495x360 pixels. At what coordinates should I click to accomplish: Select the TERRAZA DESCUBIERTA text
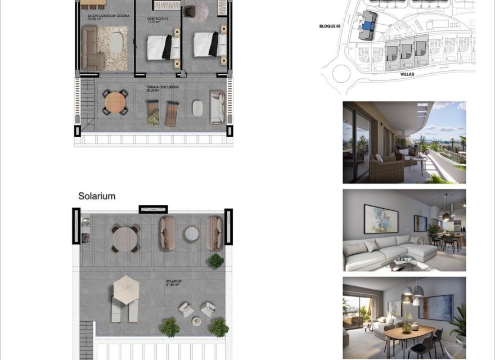pos(161,88)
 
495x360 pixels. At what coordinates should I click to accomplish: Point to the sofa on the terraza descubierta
pos(217,107)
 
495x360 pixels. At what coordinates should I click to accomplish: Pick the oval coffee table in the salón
pos(116,42)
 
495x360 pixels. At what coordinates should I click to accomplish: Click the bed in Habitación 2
pos(163,47)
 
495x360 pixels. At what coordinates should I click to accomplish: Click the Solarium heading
pos(97,196)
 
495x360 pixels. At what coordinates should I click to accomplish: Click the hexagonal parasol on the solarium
pos(126,290)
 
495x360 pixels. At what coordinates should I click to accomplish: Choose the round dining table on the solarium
pos(124,239)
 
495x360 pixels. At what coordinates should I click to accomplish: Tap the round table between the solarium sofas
pos(192,233)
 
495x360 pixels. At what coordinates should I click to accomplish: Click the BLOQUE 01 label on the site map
pos(330,26)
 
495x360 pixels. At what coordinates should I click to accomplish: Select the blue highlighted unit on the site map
pos(368,25)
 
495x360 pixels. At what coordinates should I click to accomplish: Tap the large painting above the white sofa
pos(381,218)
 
